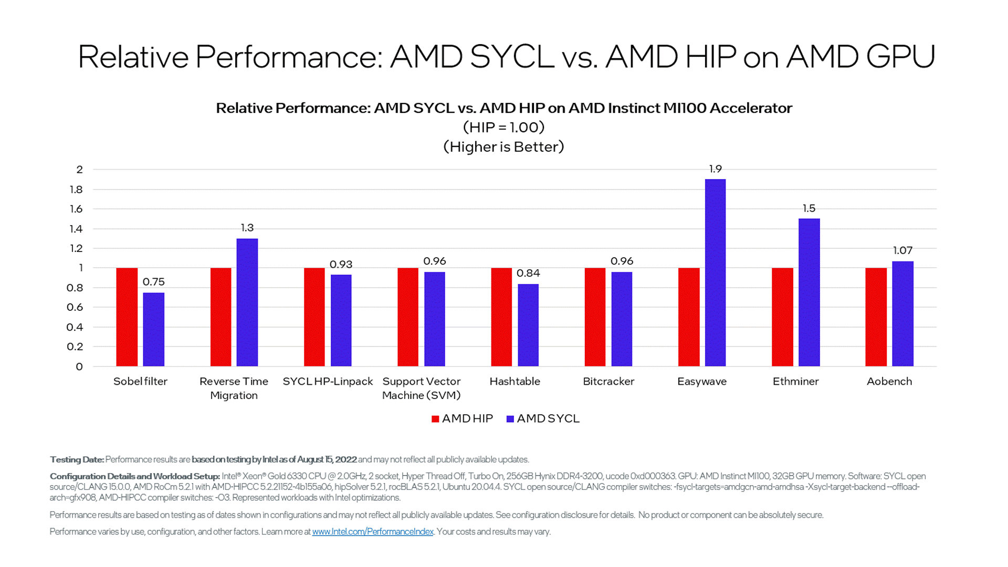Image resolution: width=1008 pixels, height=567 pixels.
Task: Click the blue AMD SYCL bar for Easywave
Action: click(715, 273)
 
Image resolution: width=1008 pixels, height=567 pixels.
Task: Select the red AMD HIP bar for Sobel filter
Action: click(127, 317)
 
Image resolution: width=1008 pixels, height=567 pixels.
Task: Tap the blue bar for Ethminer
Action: click(809, 292)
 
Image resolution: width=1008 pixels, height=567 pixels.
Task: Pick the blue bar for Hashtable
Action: click(528, 325)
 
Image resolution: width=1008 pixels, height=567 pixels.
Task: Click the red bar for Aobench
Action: click(876, 317)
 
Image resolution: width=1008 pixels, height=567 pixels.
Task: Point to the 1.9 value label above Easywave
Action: click(715, 169)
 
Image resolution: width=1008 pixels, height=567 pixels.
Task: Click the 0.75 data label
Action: click(154, 282)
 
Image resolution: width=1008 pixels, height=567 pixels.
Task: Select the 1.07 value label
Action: click(902, 250)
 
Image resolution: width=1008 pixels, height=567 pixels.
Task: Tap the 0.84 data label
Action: click(528, 273)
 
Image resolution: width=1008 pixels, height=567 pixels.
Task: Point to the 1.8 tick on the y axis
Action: click(77, 190)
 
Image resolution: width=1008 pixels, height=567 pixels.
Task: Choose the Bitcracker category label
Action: click(608, 382)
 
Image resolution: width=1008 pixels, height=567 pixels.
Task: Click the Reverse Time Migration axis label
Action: click(234, 388)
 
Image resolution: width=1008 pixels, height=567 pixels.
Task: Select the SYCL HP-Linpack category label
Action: click(328, 382)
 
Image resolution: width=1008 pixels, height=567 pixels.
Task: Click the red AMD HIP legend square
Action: click(435, 419)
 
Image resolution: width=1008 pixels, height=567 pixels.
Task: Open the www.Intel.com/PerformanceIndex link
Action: click(373, 532)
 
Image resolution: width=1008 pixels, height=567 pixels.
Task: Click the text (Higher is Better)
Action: click(503, 147)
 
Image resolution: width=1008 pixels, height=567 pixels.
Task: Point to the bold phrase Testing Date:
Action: click(77, 460)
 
